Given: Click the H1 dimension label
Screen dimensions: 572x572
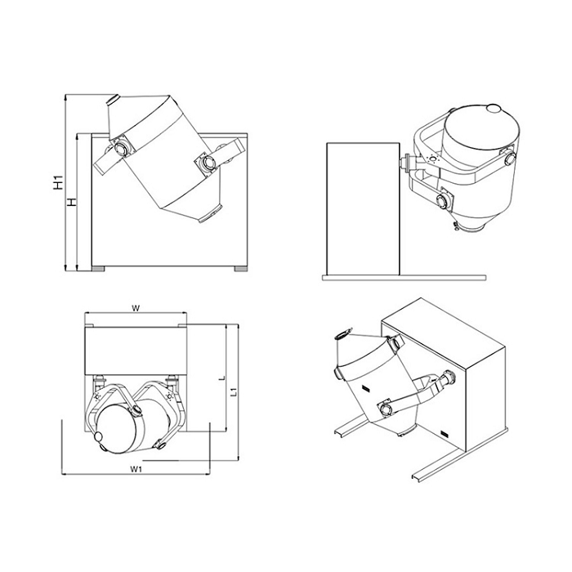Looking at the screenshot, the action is pos(58,182).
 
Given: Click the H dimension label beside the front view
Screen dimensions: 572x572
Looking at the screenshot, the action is pos(73,202).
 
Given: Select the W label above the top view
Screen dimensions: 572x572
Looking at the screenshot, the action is pos(136,309).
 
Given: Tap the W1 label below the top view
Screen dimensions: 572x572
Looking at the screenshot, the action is pos(136,469).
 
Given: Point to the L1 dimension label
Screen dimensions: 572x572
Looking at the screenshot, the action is pos(235,392).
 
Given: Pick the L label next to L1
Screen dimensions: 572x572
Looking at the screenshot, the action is pos(222,378).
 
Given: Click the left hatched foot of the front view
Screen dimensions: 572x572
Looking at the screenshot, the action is pos(98,269).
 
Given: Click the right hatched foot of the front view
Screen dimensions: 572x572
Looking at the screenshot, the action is pos(241,269).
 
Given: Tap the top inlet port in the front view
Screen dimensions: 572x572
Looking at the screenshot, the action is pos(113,99).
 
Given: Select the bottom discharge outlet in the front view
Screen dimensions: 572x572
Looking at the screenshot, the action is pos(211,214).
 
